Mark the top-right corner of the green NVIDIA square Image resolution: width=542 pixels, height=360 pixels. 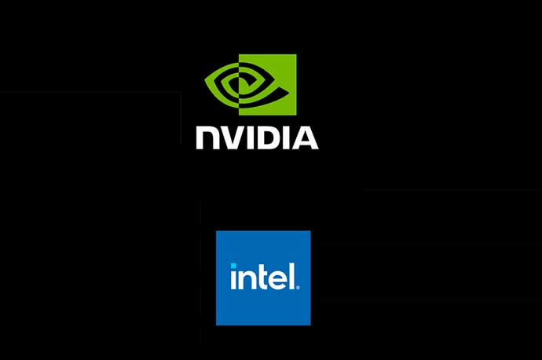(x=295, y=55)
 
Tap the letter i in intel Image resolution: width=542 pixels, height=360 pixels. (x=233, y=278)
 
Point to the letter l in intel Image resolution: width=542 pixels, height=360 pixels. (x=289, y=276)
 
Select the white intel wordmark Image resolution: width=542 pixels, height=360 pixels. (x=263, y=277)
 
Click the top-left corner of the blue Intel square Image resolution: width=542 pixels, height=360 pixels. (x=217, y=231)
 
